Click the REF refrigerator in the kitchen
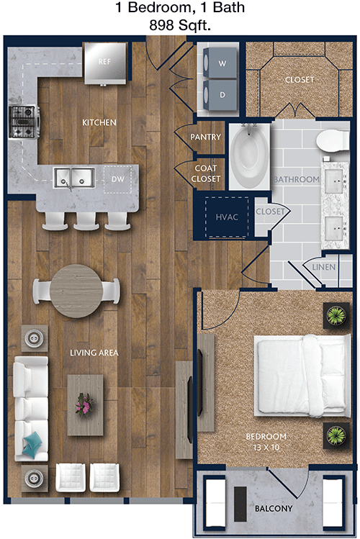(105, 63)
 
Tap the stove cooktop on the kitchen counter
(23, 122)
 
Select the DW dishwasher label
(117, 179)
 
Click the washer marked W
(220, 63)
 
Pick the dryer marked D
(220, 94)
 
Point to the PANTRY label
(206, 137)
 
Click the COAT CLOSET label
(206, 173)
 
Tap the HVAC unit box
(227, 217)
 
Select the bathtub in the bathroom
(249, 156)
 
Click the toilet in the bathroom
(333, 140)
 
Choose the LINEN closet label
(323, 267)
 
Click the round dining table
(76, 291)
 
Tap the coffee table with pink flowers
(85, 405)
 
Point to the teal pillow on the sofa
(32, 445)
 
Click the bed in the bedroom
(302, 376)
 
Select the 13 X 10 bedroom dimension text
(266, 447)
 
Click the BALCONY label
(274, 508)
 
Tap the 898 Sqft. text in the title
(180, 24)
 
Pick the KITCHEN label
(99, 122)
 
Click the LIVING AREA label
(94, 353)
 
